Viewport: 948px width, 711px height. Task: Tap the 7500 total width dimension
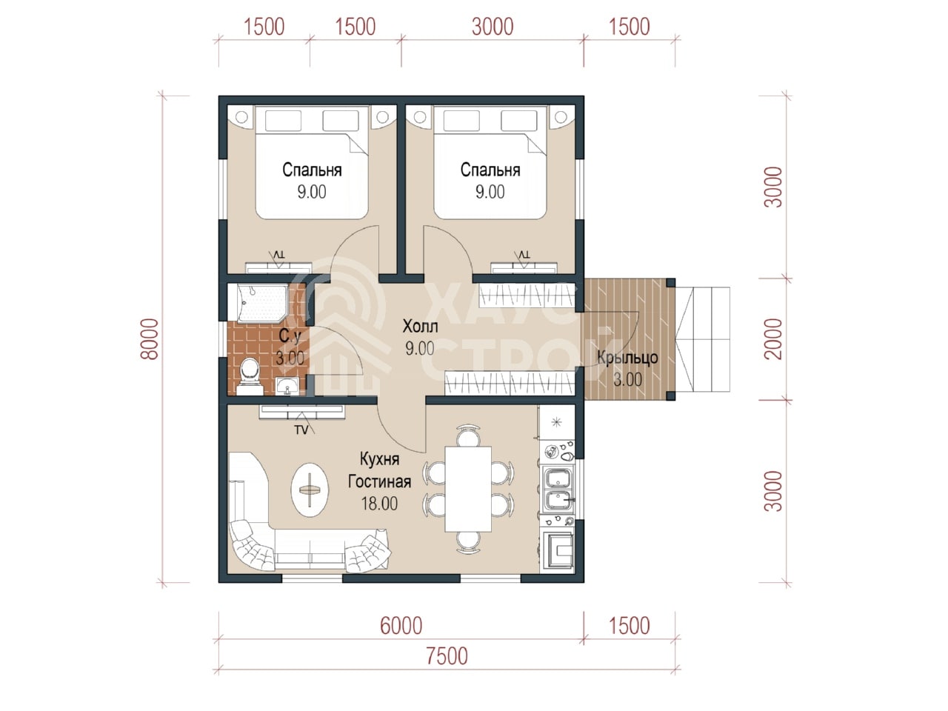point(447,655)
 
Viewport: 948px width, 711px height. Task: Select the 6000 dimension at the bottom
point(401,626)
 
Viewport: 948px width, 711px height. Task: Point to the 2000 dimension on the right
point(772,339)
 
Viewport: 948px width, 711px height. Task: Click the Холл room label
point(420,327)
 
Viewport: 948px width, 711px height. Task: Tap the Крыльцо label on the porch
point(627,358)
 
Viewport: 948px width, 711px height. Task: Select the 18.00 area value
point(379,504)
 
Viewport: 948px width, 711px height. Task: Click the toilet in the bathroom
point(250,376)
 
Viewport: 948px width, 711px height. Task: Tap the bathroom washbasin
point(287,386)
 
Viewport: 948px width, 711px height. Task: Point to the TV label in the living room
point(301,430)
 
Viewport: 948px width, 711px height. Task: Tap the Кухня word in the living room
point(379,460)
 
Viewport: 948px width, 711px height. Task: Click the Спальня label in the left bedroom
point(312,170)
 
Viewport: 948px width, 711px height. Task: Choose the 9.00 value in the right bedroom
point(490,192)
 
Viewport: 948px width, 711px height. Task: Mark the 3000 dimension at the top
point(493,27)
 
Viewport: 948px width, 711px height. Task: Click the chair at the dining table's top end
point(468,435)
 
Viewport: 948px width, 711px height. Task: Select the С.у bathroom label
point(290,336)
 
